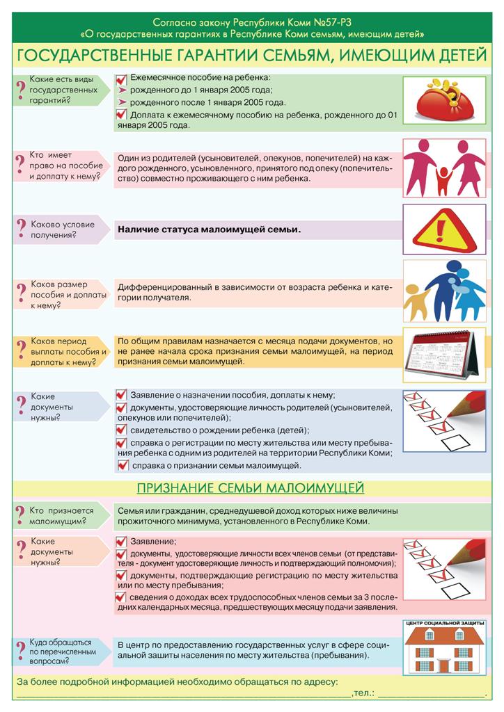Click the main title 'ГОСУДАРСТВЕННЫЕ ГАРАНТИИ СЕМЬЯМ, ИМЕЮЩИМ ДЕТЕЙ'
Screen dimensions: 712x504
click(x=251, y=54)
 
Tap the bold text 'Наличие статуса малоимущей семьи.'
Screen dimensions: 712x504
click(x=209, y=229)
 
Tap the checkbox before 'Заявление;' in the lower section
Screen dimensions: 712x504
click(x=121, y=541)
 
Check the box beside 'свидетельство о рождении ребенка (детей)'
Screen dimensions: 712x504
click(x=121, y=430)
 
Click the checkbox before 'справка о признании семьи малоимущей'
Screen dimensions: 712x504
click(x=123, y=465)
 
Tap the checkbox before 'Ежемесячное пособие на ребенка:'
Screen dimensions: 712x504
click(x=121, y=79)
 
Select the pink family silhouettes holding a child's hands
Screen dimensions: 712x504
click(x=444, y=168)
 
